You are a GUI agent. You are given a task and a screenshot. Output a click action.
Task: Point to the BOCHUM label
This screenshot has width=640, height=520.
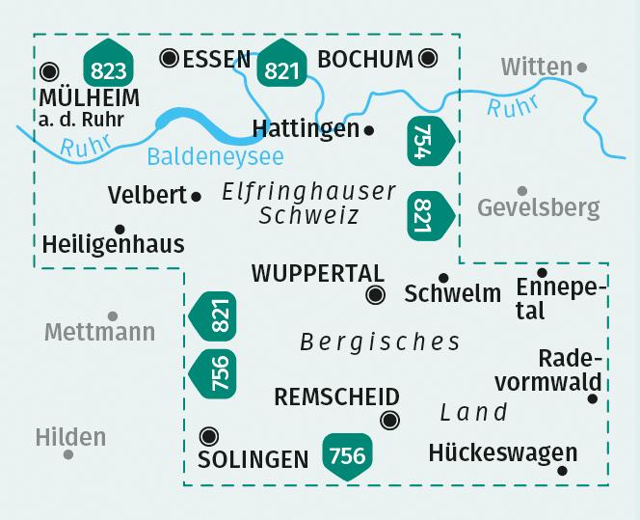coord(364,60)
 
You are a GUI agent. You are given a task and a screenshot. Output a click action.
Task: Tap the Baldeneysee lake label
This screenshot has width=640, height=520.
coord(216,154)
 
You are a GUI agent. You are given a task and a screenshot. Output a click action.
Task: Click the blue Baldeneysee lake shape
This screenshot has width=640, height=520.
coord(193,122)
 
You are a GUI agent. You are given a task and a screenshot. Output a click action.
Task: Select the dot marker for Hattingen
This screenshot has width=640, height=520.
coord(370,128)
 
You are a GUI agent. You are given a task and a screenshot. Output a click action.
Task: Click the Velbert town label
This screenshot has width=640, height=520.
coord(147,195)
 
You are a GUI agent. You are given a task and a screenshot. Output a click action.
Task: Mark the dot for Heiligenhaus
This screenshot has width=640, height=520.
coord(120,230)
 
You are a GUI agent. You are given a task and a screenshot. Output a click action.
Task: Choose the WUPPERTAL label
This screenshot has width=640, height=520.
coord(317,274)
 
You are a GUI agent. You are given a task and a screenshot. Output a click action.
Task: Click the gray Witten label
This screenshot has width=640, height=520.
coord(536,67)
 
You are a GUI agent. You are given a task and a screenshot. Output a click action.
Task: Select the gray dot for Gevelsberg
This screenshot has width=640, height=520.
coord(522,191)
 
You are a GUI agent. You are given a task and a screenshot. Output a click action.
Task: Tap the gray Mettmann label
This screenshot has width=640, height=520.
coord(99,333)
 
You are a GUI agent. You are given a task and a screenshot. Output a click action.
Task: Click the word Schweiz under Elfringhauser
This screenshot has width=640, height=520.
coord(308,216)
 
